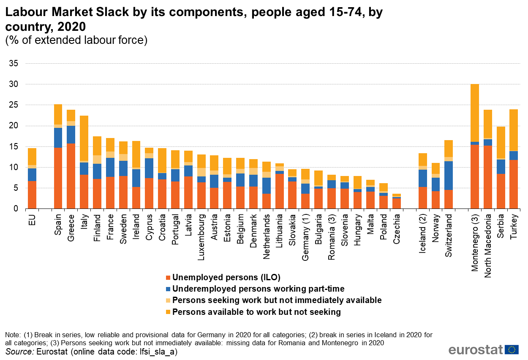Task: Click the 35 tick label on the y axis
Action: tap(14, 64)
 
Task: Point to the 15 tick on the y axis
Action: tap(14, 146)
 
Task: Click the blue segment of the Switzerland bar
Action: tap(449, 176)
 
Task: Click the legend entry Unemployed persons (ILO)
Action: tap(226, 277)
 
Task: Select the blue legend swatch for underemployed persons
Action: tap(168, 289)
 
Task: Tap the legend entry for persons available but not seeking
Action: tap(256, 312)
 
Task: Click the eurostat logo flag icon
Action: tap(512, 349)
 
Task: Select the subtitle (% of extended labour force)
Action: tap(76, 40)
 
